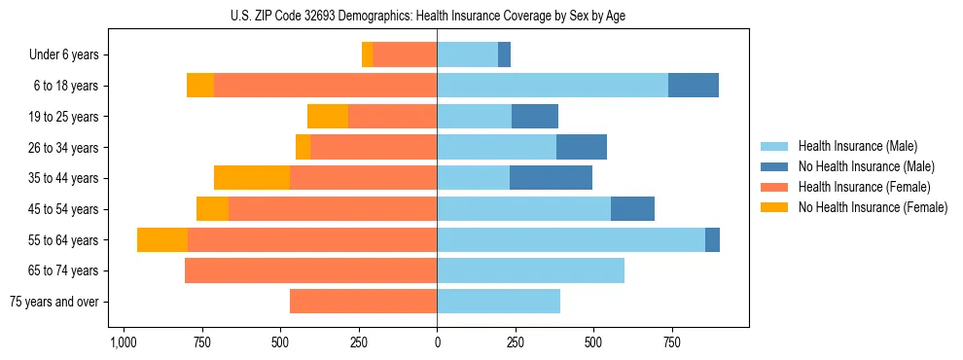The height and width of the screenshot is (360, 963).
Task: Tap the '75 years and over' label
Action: coord(54,302)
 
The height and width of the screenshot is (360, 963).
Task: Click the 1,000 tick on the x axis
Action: coord(123,343)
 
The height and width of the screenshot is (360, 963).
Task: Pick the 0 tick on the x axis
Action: coord(437,343)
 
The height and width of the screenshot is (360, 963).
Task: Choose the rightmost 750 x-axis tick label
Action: coord(671,343)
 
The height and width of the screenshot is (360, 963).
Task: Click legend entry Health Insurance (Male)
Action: coord(857,146)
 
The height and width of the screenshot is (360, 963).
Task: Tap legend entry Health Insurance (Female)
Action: coord(864,187)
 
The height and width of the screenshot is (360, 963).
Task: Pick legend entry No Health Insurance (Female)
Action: coord(873,207)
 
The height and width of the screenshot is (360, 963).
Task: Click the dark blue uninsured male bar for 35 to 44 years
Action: coord(551,178)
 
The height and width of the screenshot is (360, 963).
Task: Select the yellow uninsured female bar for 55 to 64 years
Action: coord(162,240)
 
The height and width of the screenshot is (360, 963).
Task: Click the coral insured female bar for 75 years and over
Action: coord(363,302)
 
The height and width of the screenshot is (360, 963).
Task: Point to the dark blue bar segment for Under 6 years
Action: coord(504,55)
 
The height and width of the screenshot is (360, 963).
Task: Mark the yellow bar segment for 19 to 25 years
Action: coord(328,117)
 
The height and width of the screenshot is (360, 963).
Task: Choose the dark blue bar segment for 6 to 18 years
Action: coord(694,86)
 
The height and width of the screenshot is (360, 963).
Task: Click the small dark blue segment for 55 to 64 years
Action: coord(712,240)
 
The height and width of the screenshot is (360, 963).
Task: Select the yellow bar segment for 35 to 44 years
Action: coord(252,178)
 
